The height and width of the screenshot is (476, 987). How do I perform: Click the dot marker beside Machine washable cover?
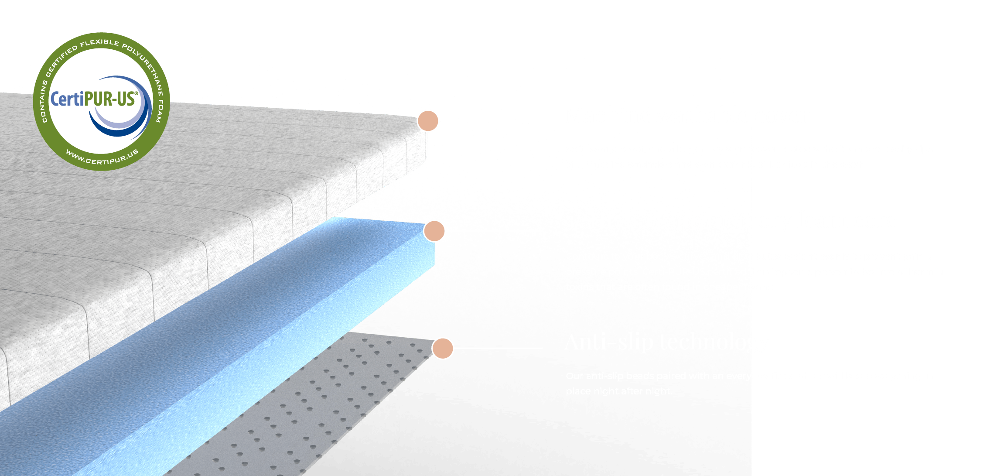point(427,121)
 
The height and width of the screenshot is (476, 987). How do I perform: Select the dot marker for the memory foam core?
point(434,231)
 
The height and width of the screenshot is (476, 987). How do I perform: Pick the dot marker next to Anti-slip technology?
point(443,348)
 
